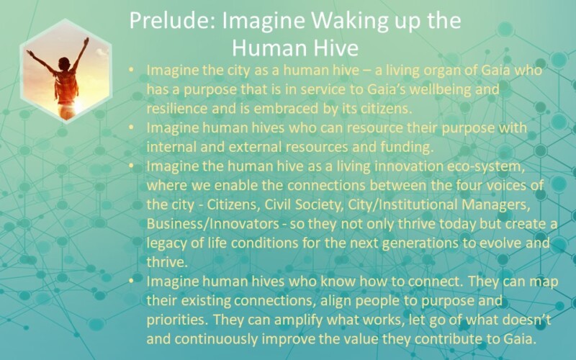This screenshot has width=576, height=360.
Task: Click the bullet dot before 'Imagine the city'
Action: pos(130,71)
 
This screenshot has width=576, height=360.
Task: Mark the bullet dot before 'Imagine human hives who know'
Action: pos(130,281)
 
